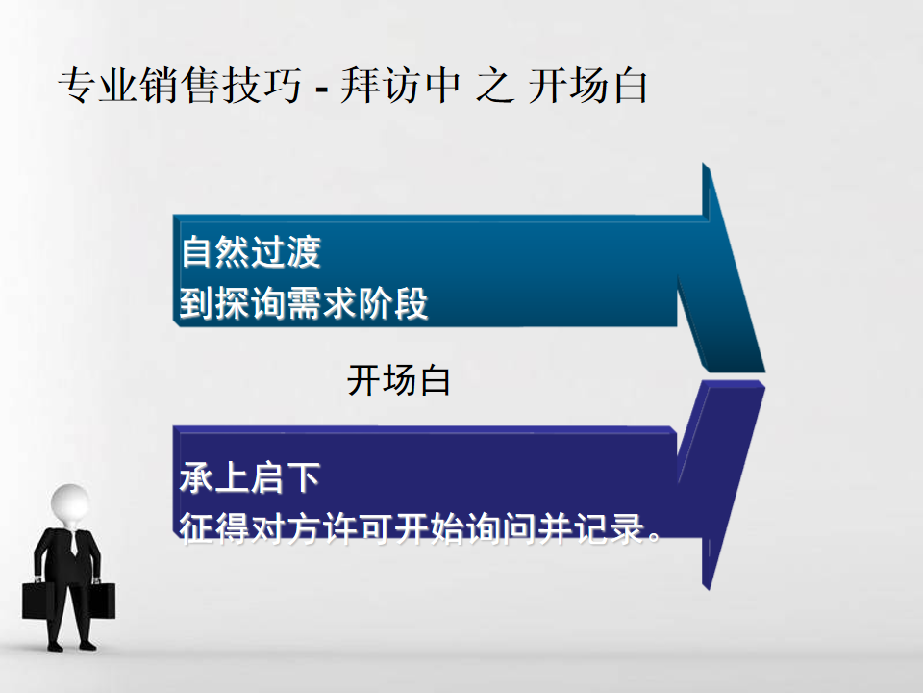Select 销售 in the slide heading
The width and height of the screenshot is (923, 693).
tap(180, 86)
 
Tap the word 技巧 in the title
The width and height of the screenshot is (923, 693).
tap(262, 86)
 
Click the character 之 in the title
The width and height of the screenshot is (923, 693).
tap(495, 86)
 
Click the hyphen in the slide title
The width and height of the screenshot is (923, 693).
tap(321, 90)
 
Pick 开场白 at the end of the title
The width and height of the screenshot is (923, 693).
tap(588, 86)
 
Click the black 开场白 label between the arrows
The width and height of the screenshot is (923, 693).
tap(398, 380)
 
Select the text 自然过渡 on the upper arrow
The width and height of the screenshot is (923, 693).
tap(251, 251)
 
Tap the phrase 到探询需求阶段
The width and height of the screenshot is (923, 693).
tap(304, 303)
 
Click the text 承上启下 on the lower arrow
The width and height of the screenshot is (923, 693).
tap(250, 476)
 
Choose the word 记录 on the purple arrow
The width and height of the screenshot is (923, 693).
tap(610, 527)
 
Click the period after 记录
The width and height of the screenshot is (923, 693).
tap(654, 537)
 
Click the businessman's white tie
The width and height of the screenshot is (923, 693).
tap(74, 543)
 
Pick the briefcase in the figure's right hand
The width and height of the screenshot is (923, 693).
tap(38, 601)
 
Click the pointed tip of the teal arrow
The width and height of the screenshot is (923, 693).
tap(764, 372)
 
